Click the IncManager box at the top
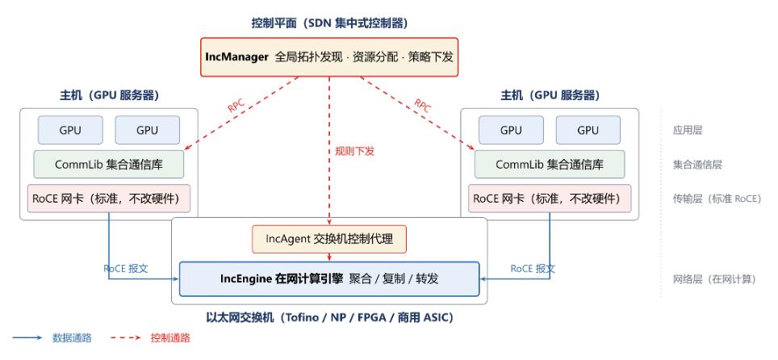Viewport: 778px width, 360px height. (x=329, y=57)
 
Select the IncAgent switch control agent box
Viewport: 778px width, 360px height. (x=329, y=240)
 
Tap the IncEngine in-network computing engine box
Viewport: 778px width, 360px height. (x=329, y=279)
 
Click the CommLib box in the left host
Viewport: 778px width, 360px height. (x=109, y=165)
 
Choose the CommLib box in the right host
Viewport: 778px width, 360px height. (x=550, y=165)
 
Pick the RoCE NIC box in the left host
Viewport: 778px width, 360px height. (x=109, y=199)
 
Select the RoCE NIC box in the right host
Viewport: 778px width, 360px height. (x=550, y=199)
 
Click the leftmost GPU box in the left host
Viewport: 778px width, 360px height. (x=70, y=130)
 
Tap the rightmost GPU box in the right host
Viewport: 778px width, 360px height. (x=588, y=130)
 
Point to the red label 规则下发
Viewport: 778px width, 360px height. (x=355, y=152)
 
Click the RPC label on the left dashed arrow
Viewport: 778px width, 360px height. (x=236, y=105)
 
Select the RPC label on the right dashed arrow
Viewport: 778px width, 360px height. (x=423, y=105)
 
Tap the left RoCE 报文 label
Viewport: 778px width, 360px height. (x=126, y=269)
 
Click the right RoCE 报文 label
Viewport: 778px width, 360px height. (x=533, y=269)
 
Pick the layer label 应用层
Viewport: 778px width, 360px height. (x=688, y=131)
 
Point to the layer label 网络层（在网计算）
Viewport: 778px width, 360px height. (x=714, y=279)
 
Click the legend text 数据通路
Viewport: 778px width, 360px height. (x=72, y=338)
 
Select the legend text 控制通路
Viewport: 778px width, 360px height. (x=170, y=338)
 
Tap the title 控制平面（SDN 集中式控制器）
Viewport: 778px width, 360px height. (x=329, y=23)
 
